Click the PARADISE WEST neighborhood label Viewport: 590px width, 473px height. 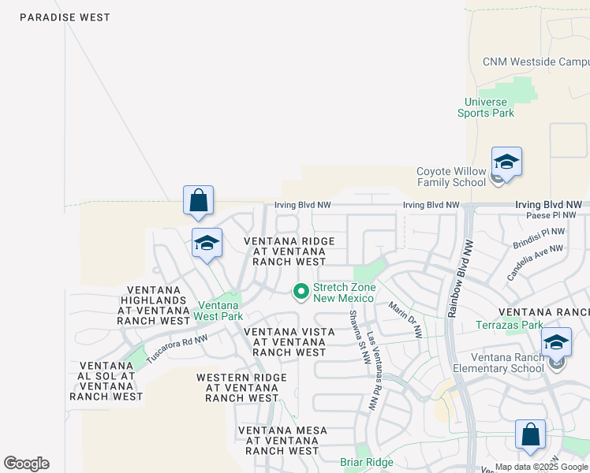65,17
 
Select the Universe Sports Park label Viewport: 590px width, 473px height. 486,107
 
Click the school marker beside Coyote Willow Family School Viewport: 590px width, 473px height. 506,164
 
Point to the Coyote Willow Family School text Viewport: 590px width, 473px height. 451,177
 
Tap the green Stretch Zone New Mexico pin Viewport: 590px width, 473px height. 301,292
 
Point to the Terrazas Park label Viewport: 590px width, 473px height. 510,325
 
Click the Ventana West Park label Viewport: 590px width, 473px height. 219,311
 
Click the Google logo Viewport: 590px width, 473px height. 26,464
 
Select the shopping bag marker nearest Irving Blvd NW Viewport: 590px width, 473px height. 199,202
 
